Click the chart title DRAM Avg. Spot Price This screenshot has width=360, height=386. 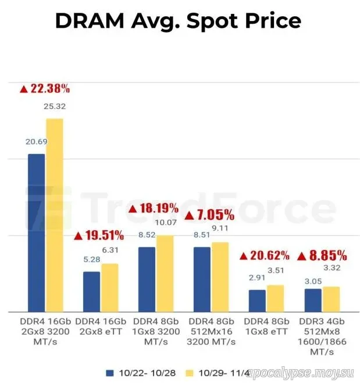(178, 21)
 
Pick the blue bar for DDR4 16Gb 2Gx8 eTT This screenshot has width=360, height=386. (91, 291)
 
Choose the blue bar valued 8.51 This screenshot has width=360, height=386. (202, 278)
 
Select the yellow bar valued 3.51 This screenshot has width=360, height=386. (275, 298)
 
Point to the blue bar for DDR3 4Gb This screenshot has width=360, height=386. (313, 299)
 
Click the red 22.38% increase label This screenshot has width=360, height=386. (45, 88)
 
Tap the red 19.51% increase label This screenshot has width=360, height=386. (99, 235)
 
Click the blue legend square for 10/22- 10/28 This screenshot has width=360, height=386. (109, 372)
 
